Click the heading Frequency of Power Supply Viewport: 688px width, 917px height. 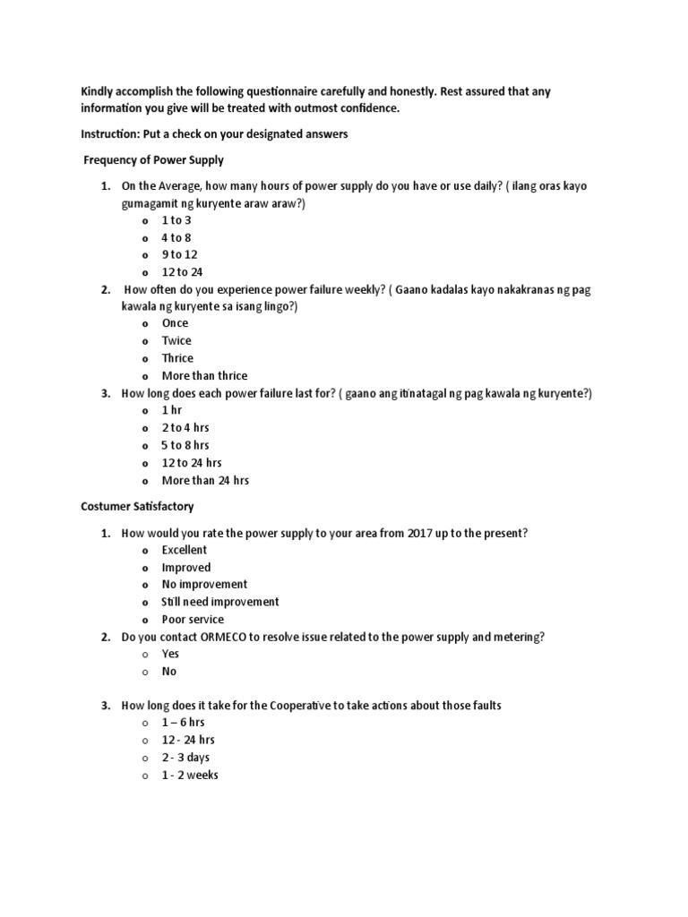153,160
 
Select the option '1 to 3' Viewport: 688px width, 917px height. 176,220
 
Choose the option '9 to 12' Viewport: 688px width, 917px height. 179,254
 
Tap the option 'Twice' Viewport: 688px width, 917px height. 176,340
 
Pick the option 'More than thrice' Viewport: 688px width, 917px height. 204,375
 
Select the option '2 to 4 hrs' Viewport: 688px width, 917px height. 185,428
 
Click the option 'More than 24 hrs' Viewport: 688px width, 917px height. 205,480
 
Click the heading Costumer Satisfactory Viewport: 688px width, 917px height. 137,507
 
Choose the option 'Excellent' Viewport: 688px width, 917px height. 185,550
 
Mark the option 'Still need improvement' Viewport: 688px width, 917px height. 220,602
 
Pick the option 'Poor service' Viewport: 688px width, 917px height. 193,620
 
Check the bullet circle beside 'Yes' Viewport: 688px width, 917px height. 143,655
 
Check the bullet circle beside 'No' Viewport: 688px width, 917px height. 143,672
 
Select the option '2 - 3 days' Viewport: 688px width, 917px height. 185,758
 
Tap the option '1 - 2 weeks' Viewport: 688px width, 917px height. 190,775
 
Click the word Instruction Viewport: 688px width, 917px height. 113,134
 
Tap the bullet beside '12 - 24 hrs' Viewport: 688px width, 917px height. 143,741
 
